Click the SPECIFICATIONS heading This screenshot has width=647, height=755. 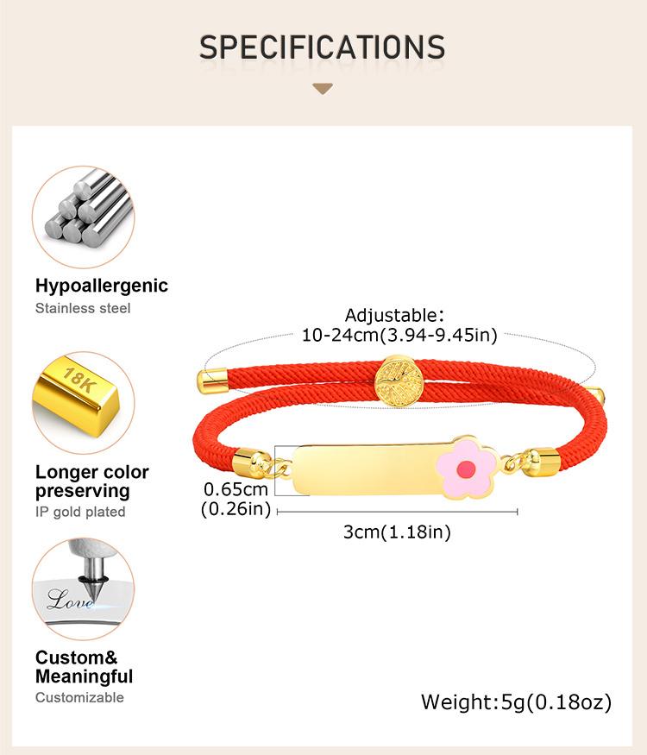click(x=322, y=47)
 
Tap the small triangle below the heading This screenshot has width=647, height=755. click(x=323, y=89)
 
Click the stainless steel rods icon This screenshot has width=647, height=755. click(x=84, y=217)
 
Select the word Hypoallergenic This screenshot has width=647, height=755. click(x=102, y=286)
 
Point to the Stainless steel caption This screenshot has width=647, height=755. click(x=83, y=308)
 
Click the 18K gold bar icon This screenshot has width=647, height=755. click(x=84, y=403)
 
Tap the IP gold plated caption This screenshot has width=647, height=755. click(x=80, y=512)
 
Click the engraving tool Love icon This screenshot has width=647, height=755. click(x=84, y=588)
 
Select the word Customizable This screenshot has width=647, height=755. click(x=79, y=697)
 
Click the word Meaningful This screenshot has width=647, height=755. click(x=85, y=676)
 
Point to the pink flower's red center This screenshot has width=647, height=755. click(x=466, y=468)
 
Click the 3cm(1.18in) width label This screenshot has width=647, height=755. click(x=397, y=532)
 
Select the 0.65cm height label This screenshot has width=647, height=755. click(x=236, y=489)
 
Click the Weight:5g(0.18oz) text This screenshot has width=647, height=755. click(x=517, y=702)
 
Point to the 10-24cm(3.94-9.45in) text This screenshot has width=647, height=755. click(x=399, y=335)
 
